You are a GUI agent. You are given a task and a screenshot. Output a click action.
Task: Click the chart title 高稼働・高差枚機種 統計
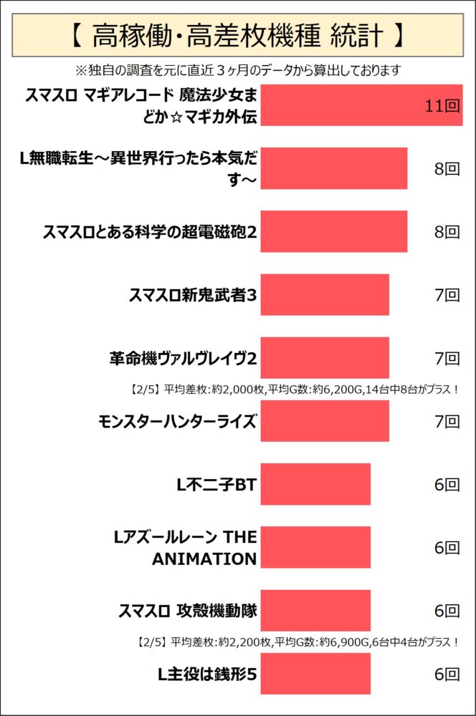pos(237,34)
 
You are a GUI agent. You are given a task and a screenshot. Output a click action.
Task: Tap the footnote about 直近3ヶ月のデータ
pos(237,70)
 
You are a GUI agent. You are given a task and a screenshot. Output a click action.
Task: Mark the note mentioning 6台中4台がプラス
pos(296,642)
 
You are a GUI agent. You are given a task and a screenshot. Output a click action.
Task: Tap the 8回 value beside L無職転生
pos(447,169)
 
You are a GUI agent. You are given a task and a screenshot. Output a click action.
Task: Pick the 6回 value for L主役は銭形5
pos(447,674)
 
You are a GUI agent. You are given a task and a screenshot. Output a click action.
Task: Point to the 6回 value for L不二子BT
pos(447,485)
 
